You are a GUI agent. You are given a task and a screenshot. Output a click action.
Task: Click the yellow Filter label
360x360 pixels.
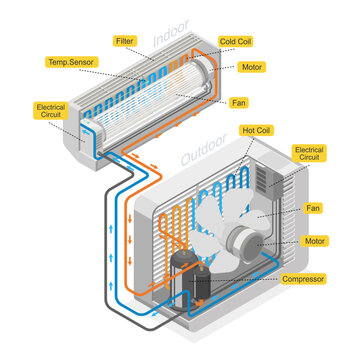[x=125, y=42]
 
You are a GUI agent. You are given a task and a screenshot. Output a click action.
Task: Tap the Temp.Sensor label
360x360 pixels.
[x=71, y=62]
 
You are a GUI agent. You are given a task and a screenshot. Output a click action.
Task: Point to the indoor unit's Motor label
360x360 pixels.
[x=252, y=67]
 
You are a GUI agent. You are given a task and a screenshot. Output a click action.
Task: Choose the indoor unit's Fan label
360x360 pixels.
[x=239, y=102]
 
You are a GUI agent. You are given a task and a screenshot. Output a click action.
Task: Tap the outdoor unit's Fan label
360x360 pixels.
[x=314, y=208]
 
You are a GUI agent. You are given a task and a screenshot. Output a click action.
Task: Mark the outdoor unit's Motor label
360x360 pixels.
[x=314, y=242]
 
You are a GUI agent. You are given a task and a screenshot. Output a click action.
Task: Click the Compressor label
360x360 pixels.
[x=304, y=279]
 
